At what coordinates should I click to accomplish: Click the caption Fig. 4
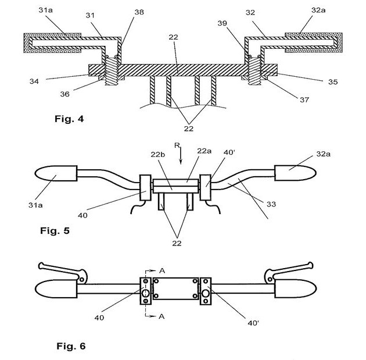(69, 119)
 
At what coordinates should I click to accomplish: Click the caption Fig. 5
(55, 231)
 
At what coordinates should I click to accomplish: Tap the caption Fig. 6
(71, 345)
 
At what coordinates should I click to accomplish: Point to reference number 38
(139, 12)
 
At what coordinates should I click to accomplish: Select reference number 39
(222, 23)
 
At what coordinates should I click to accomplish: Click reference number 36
(64, 94)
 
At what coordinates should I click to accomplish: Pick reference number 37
(304, 100)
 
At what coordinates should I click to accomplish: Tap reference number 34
(34, 81)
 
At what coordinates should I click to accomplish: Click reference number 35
(333, 82)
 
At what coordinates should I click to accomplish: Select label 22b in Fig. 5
(158, 155)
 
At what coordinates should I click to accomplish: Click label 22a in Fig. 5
(204, 151)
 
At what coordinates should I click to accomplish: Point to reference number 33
(271, 204)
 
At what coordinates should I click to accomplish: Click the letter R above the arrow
(177, 145)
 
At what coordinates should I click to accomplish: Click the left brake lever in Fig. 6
(62, 272)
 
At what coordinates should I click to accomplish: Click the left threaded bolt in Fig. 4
(112, 71)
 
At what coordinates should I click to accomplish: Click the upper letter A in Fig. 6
(162, 270)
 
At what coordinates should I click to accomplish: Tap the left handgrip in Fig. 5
(56, 173)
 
